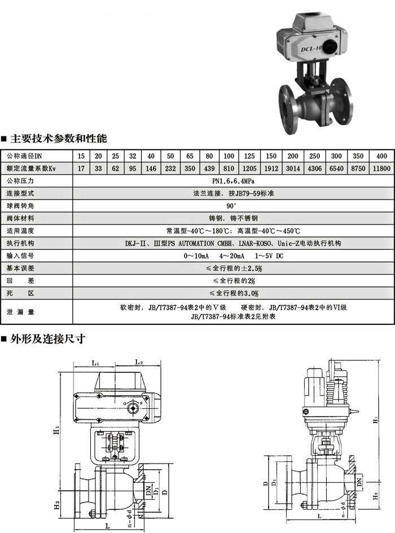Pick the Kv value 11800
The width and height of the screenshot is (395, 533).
click(x=381, y=169)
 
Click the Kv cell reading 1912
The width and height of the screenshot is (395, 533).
click(x=271, y=169)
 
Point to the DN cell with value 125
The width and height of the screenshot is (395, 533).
click(x=249, y=156)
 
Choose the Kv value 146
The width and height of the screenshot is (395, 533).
click(x=151, y=169)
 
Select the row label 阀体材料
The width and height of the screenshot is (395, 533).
click(x=20, y=218)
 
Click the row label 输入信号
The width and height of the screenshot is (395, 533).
click(x=20, y=256)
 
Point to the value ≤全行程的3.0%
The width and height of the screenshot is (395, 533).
click(x=233, y=293)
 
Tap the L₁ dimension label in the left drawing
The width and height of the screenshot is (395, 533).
click(x=95, y=364)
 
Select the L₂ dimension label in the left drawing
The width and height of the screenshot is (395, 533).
click(x=139, y=362)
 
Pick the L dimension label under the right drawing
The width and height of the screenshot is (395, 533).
click(x=319, y=517)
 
